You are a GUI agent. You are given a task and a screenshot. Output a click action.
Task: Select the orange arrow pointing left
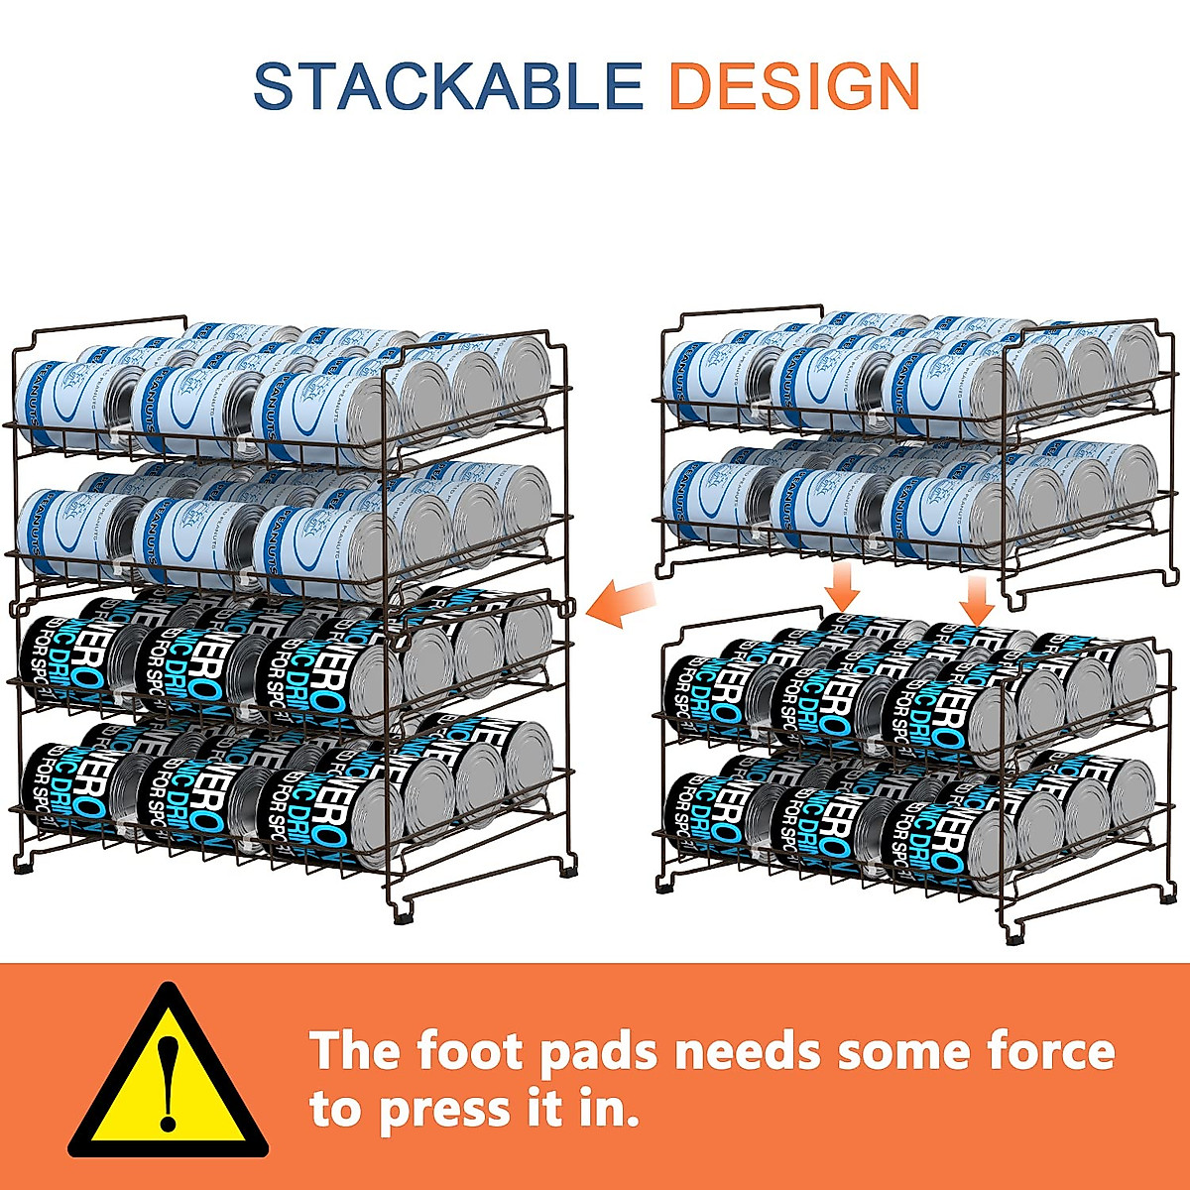tap(621, 603)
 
